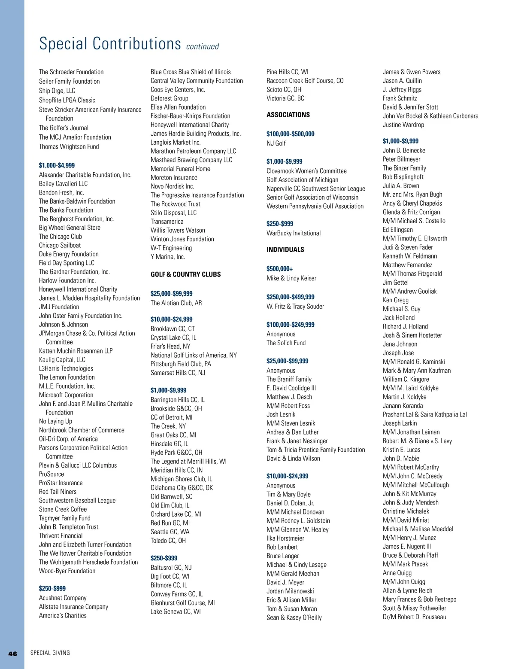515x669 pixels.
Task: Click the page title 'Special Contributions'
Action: click(110, 44)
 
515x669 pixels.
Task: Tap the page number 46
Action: click(13, 654)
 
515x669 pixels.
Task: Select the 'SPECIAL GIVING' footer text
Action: click(50, 653)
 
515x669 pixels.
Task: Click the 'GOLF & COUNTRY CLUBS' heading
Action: click(185, 274)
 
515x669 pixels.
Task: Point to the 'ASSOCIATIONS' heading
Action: click(288, 115)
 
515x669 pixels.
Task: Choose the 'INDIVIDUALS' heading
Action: click(285, 249)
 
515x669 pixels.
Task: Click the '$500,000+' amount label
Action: click(279, 269)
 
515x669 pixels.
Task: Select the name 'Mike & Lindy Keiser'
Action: click(291, 278)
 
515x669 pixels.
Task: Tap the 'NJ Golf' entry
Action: click(276, 143)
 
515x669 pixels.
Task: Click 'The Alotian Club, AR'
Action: click(176, 303)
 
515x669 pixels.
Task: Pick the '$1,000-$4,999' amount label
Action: click(57, 165)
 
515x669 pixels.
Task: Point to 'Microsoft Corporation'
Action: click(66, 395)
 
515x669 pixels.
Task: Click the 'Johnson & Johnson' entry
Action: click(64, 325)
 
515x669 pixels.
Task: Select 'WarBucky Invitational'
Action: click(294, 233)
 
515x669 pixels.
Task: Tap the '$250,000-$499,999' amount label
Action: click(290, 297)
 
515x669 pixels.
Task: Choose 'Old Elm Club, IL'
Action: click(170, 505)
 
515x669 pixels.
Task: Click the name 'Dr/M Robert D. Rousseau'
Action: click(414, 617)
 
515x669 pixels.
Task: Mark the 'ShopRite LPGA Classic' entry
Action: click(67, 100)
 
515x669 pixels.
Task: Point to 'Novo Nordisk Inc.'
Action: click(172, 186)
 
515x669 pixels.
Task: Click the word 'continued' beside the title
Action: click(203, 46)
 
